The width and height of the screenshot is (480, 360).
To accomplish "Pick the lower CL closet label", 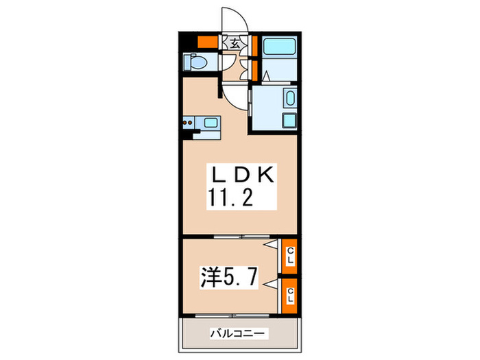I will (291, 296).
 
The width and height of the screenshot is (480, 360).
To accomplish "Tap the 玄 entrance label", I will (235, 43).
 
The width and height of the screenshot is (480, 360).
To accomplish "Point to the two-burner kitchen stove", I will (188, 124).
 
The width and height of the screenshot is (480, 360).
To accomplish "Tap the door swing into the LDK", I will (234, 96).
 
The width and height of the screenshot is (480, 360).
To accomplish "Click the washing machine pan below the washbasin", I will (289, 121).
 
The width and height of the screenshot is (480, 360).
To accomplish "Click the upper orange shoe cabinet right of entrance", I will (254, 45).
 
